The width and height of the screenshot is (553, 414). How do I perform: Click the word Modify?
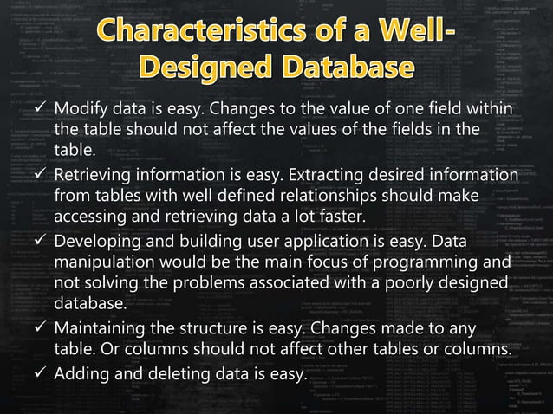pos(84,111)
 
